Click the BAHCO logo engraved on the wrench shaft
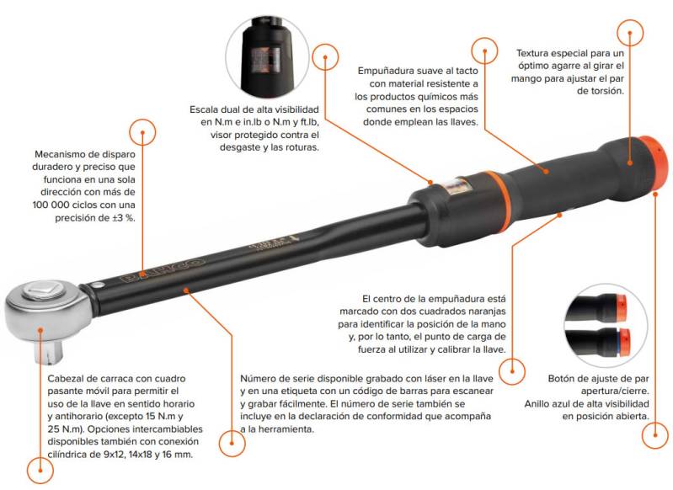click(x=163, y=269)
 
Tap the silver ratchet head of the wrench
click(x=48, y=306)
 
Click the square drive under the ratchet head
click(x=49, y=349)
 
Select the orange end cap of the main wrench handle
click(x=654, y=164)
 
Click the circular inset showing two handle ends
click(x=605, y=325)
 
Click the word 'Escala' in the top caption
click(x=204, y=109)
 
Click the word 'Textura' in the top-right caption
click(x=532, y=53)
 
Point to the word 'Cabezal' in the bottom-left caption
click(x=64, y=378)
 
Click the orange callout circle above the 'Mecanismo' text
click(x=142, y=132)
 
